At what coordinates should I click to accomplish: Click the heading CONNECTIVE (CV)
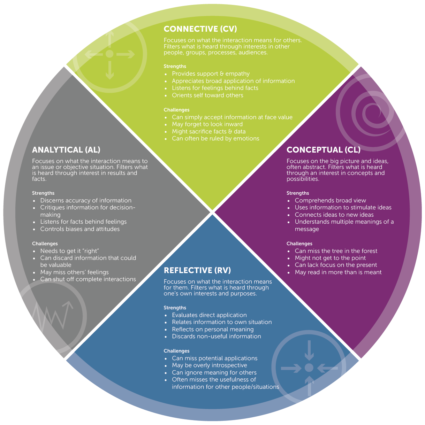pos(200,29)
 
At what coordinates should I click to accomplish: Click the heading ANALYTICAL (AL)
pos(66,150)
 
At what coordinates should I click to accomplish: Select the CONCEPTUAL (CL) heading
pos(323,150)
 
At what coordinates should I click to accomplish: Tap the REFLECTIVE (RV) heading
pos(197,271)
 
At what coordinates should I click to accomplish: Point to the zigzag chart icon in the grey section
pos(52,315)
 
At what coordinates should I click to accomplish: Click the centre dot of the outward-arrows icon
pos(109,54)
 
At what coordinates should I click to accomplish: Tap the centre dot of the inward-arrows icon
pos(309,368)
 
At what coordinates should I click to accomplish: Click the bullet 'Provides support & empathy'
pos(211,74)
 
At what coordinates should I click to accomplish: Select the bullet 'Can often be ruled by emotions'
pos(215,139)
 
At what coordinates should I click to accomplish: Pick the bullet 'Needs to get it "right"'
pos(70,251)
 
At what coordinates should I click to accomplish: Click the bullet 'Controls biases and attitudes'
pos(80,229)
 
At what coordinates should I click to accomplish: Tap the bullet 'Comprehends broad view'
pos(330,201)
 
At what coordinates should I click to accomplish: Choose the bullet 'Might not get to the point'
pos(330,258)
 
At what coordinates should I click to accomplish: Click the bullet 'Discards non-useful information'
pos(216,337)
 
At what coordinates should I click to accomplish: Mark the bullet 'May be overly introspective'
pos(209,365)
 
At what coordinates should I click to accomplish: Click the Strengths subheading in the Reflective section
pos(175,308)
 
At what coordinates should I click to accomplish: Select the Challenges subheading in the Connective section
pos(176,110)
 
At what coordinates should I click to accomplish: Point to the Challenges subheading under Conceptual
pos(299,244)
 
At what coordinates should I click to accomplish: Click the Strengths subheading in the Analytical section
pos(43,193)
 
